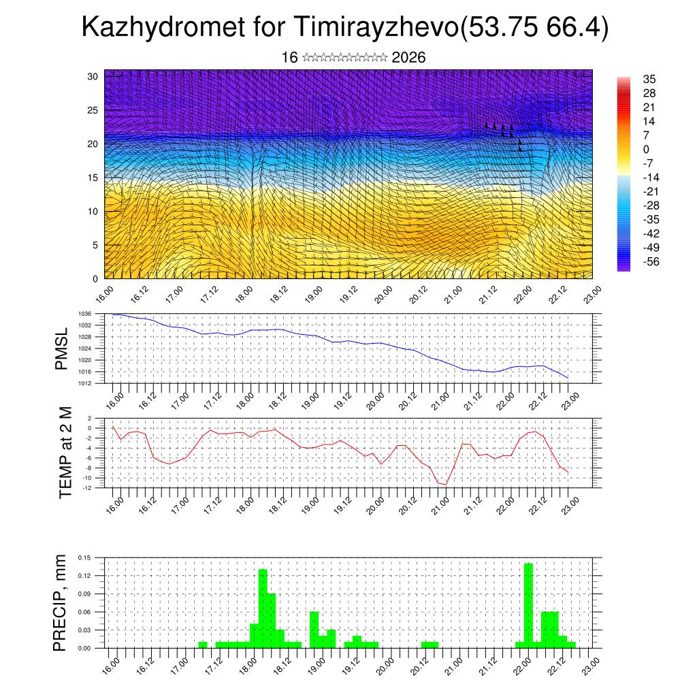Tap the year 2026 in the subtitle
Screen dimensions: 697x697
(x=408, y=58)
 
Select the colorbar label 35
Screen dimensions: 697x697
(x=649, y=80)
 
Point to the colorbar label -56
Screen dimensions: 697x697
(x=651, y=261)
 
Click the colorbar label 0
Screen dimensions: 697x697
(x=646, y=150)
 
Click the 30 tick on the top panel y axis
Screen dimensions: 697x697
(x=93, y=76)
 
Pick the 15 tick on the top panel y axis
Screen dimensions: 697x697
(x=93, y=178)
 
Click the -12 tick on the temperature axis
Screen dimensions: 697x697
(x=88, y=487)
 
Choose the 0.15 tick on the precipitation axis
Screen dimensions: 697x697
(x=84, y=557)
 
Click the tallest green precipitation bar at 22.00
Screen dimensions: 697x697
(x=529, y=605)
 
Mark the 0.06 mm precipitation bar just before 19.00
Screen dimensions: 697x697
(x=314, y=630)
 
